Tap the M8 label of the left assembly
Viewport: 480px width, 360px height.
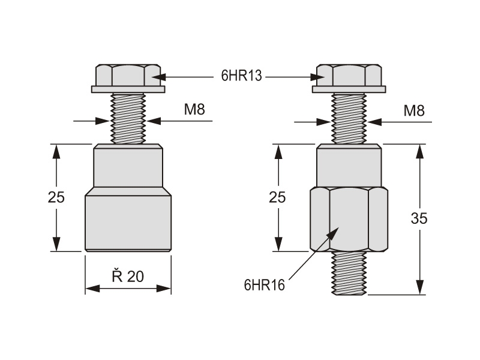click(x=195, y=110)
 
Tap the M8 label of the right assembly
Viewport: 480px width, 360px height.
click(x=414, y=110)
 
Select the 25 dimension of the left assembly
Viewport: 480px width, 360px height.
click(x=56, y=197)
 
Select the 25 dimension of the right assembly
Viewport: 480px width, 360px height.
click(x=277, y=197)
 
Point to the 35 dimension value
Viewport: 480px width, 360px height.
click(x=419, y=219)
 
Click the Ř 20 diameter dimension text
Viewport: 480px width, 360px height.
click(x=128, y=276)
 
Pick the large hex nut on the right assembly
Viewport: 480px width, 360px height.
click(x=349, y=218)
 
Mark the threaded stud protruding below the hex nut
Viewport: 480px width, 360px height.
click(x=349, y=273)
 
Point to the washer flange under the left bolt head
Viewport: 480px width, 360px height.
click(x=128, y=90)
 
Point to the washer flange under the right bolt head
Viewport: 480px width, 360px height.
click(x=349, y=90)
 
